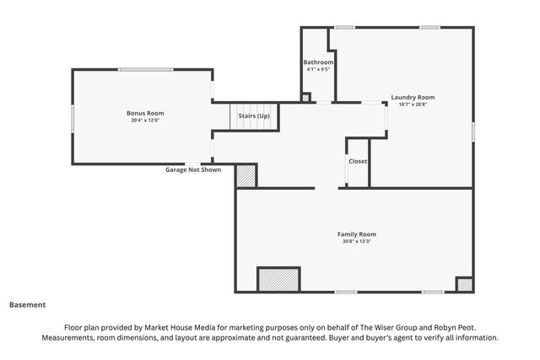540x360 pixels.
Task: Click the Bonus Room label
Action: (x=145, y=113)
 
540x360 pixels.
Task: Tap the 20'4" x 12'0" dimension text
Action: (x=145, y=121)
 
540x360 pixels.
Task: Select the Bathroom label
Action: (x=318, y=62)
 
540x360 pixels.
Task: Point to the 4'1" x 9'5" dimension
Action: (x=318, y=69)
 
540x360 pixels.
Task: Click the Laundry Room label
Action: (x=413, y=98)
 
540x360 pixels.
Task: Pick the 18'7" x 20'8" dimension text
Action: (x=413, y=105)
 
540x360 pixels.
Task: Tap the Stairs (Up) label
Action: (x=254, y=116)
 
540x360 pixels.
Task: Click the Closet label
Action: (x=358, y=161)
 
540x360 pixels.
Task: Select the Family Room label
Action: (x=356, y=234)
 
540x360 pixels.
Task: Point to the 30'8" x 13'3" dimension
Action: (x=356, y=241)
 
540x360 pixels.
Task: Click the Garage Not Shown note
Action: (x=193, y=169)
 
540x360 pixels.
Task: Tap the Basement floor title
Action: (x=27, y=305)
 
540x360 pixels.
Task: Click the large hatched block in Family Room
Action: (x=278, y=279)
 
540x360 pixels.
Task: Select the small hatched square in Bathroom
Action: (x=305, y=98)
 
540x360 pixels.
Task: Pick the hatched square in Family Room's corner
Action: (x=465, y=285)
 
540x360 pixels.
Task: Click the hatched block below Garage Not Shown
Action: (x=246, y=176)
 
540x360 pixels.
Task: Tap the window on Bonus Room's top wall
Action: (x=146, y=69)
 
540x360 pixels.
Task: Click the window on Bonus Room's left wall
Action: (x=73, y=118)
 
